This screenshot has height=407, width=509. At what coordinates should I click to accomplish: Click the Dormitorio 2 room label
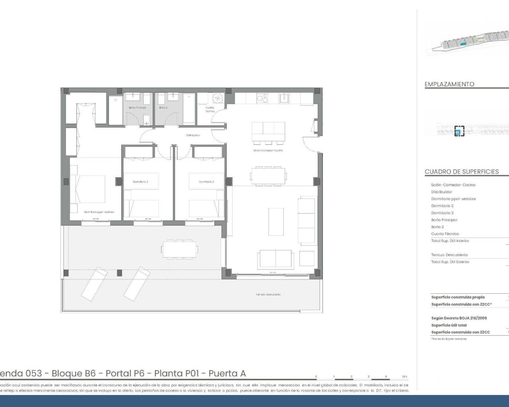(x=141, y=182)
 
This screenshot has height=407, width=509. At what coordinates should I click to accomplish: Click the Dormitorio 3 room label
(x=206, y=182)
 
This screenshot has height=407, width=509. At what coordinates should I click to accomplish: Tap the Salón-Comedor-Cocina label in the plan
(x=268, y=151)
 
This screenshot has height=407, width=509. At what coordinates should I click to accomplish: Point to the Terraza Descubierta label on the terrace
(x=268, y=295)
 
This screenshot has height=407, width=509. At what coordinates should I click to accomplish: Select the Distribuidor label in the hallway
(x=193, y=135)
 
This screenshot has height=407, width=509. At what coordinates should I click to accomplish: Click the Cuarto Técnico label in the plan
(x=210, y=109)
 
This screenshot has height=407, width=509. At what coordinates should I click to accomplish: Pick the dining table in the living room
(x=268, y=175)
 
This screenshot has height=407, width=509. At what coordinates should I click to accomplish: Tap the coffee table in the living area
(x=276, y=221)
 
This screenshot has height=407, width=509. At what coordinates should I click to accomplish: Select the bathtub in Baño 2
(x=189, y=109)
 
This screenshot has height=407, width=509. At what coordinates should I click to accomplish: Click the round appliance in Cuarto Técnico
(x=218, y=98)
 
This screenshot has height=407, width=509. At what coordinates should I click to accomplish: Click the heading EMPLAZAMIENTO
(x=449, y=84)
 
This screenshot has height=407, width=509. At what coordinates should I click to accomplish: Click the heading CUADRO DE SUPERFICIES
(x=461, y=172)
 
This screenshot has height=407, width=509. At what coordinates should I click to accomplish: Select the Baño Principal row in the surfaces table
(x=444, y=220)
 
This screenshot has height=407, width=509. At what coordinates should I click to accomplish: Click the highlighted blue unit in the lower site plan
(x=459, y=131)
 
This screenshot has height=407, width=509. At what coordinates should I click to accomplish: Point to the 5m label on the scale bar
(x=404, y=376)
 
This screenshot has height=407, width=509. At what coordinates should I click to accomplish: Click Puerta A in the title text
(x=227, y=374)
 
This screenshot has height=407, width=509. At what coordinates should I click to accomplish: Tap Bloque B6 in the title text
(x=74, y=374)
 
